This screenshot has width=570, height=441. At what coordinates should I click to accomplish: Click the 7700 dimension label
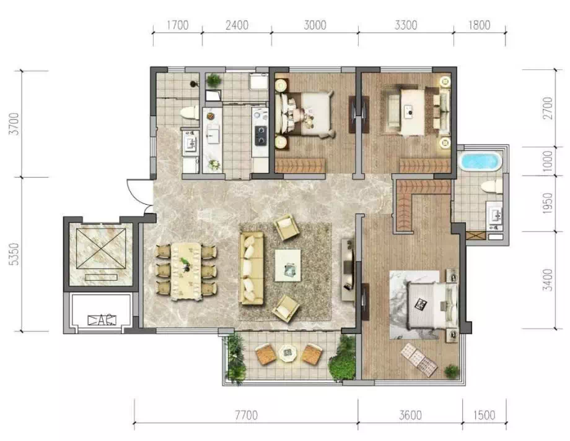[247, 415]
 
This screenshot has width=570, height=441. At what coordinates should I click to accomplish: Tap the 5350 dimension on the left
[15, 254]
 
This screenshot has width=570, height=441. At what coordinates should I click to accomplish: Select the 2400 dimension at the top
[237, 25]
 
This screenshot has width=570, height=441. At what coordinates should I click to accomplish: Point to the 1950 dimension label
[548, 203]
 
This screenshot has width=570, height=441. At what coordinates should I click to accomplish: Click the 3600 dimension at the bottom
[410, 415]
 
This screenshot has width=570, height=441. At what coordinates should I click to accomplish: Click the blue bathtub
[480, 161]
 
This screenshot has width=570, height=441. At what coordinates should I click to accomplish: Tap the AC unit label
[102, 320]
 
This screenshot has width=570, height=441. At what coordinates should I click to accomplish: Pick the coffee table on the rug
[288, 265]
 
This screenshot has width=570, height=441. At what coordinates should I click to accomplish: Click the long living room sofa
[252, 268]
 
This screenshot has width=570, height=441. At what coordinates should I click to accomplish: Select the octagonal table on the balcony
[288, 352]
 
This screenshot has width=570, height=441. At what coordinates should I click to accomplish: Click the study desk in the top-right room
[413, 112]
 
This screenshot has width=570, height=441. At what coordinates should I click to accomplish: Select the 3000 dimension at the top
[315, 25]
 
